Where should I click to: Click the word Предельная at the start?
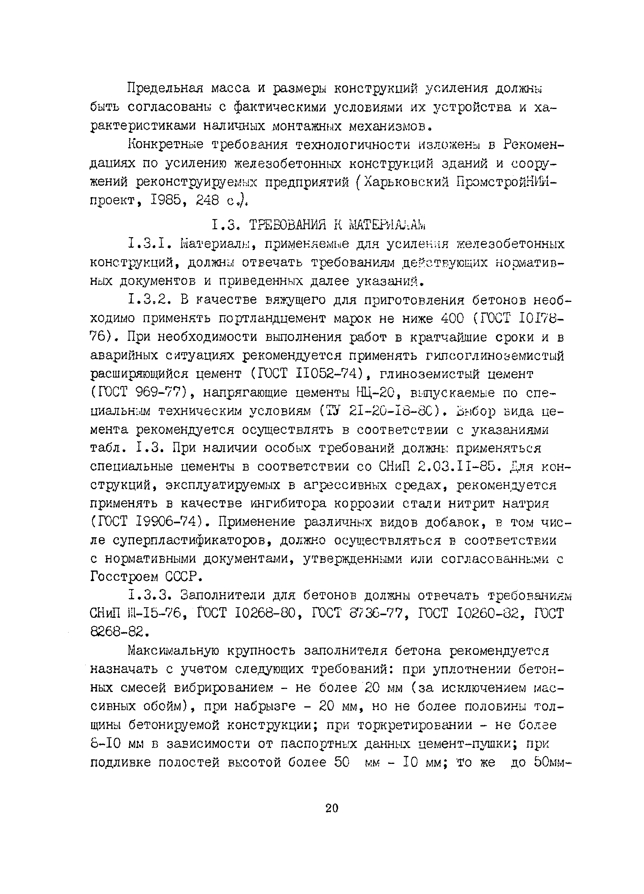click(x=165, y=88)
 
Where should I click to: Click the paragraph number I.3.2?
click(x=149, y=300)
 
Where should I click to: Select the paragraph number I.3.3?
click(x=149, y=595)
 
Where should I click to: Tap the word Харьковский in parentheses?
click(x=407, y=182)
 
